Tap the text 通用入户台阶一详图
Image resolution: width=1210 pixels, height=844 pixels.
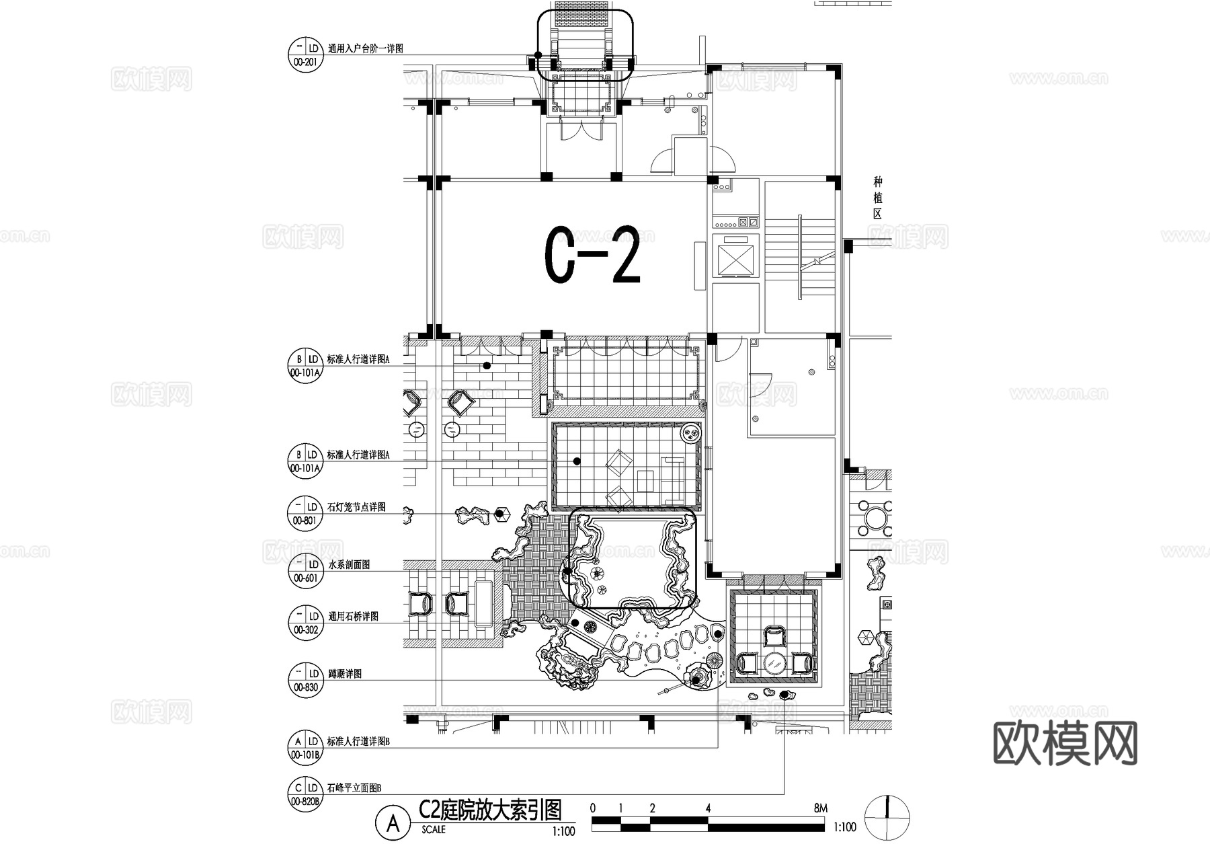point(365,49)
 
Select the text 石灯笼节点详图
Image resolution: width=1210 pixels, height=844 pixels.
point(356,507)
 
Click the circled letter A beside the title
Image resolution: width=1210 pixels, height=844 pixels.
point(393,822)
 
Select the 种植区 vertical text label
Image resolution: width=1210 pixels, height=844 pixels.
point(877,198)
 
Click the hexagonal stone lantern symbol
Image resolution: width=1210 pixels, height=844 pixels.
point(499,514)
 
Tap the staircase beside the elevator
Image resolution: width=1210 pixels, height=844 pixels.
point(800,256)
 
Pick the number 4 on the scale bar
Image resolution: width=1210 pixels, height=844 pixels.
point(709,808)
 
